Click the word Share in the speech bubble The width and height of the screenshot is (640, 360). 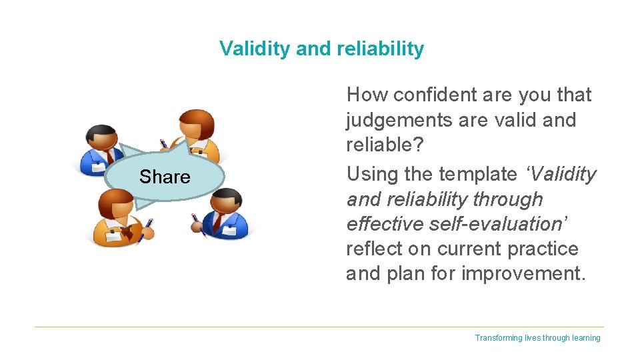[165, 177]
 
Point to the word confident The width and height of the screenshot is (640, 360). [436, 95]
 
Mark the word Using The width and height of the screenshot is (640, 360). [371, 174]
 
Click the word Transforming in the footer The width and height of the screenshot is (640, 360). [499, 338]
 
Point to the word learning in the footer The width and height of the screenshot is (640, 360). [586, 338]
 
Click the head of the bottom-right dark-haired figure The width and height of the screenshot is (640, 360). [229, 202]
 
